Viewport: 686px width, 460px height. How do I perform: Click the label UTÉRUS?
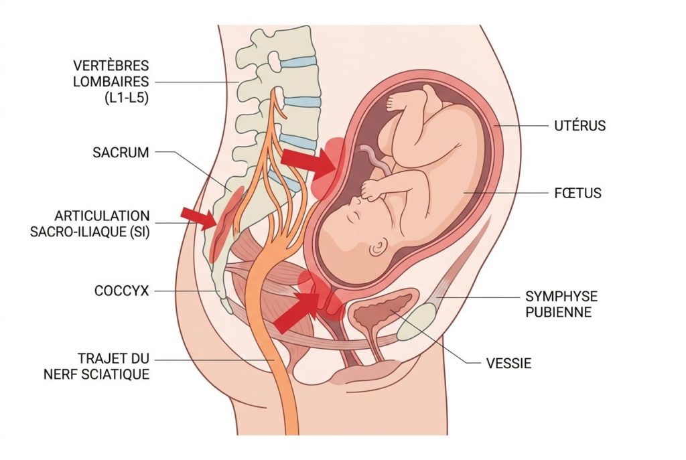[579, 126]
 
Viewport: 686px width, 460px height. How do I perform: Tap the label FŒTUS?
[577, 193]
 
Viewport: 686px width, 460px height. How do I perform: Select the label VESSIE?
[509, 363]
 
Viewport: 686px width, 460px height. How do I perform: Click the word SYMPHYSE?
[561, 297]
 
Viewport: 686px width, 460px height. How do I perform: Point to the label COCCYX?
[122, 291]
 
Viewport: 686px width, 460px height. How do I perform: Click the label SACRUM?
[121, 153]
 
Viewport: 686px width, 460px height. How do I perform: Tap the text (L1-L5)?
[127, 98]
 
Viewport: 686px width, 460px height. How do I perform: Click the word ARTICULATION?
[102, 216]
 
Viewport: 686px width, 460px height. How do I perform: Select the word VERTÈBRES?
[111, 66]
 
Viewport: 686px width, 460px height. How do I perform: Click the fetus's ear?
[379, 248]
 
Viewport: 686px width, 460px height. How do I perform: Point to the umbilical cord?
[376, 160]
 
